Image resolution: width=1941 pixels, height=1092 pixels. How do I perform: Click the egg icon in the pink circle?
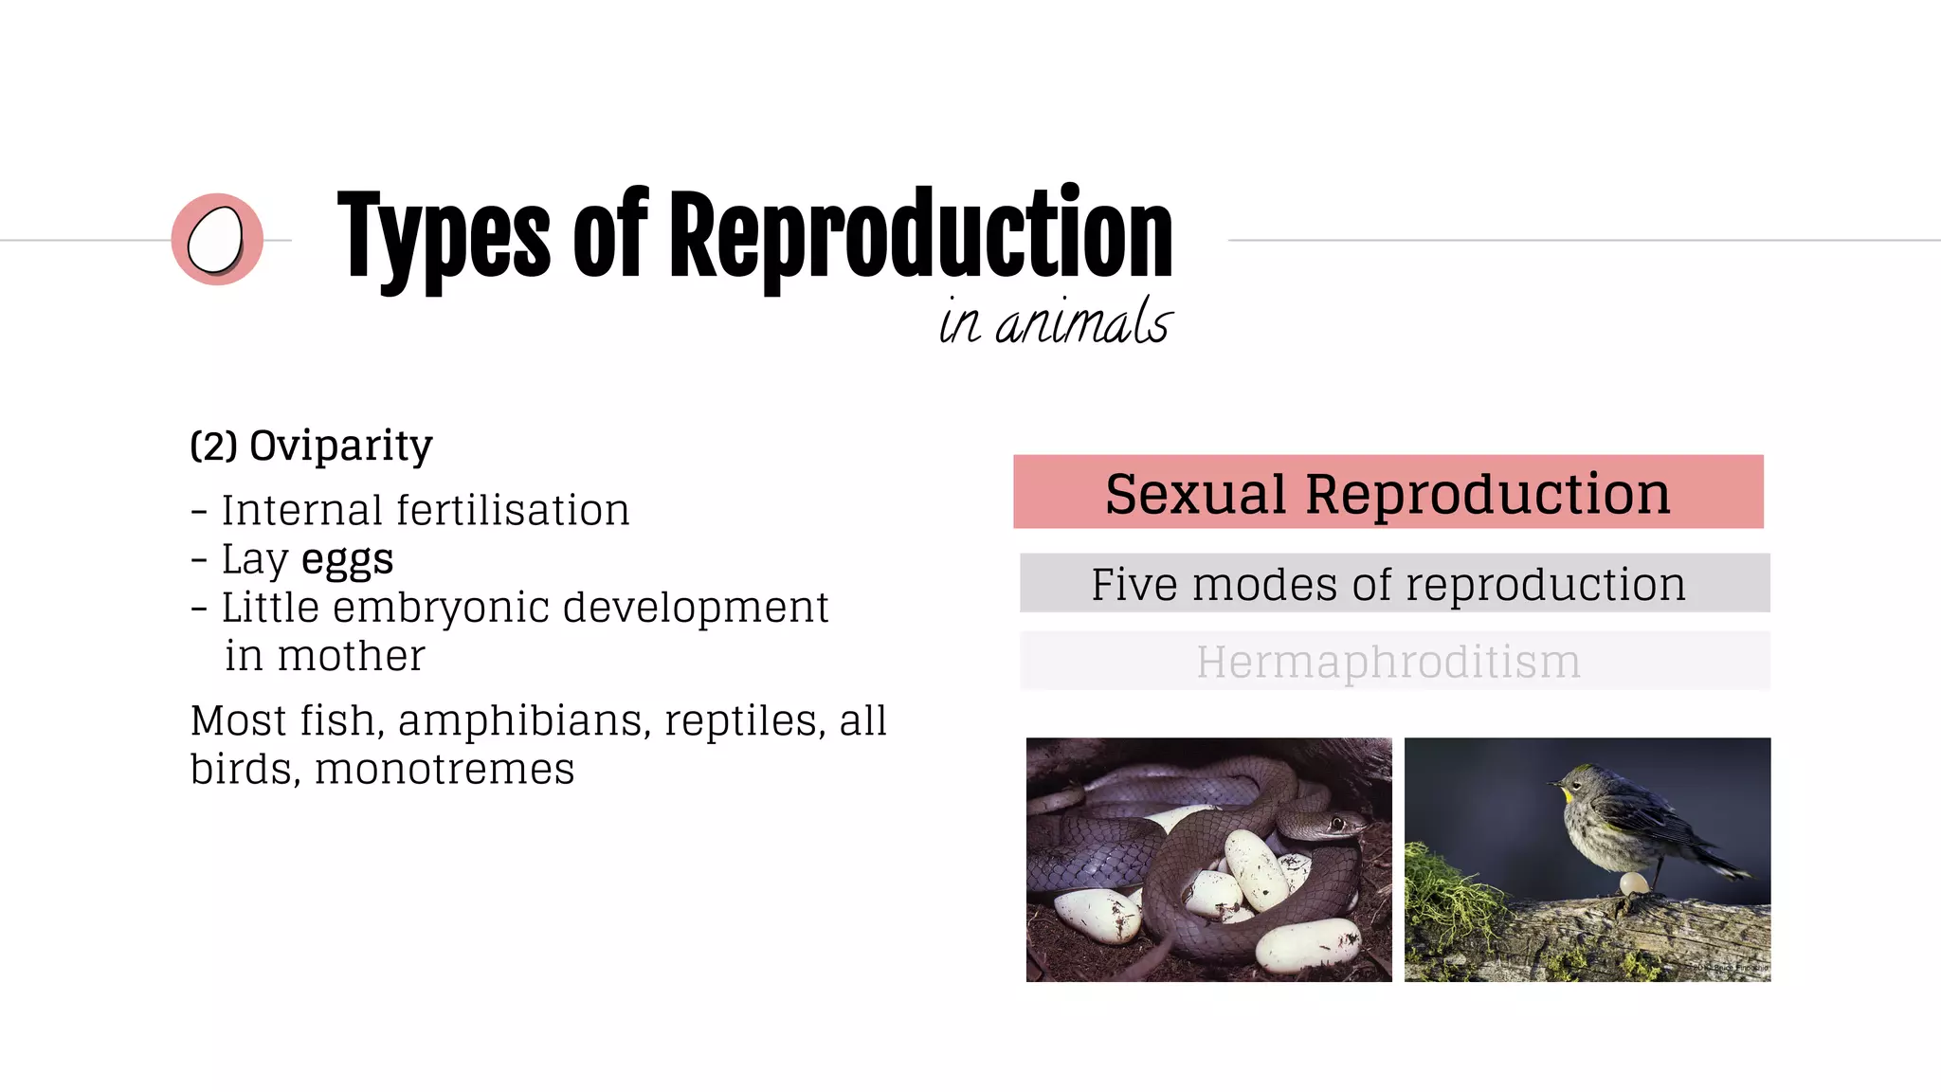215,240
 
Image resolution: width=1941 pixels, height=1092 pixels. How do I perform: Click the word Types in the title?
443,237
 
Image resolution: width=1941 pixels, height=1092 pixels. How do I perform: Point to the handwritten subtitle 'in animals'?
1055,321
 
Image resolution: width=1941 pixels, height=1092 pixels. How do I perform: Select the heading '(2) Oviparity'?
311,446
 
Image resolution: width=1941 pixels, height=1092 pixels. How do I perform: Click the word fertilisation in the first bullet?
512,510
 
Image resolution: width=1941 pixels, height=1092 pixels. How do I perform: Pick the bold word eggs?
347,559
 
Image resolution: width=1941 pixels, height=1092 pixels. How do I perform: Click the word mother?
352,656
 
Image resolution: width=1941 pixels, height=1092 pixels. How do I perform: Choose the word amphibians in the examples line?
524,720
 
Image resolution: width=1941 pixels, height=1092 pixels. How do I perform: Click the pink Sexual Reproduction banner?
1388,492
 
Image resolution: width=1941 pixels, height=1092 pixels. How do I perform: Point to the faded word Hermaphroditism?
1388,662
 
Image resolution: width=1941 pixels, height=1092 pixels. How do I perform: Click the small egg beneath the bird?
1633,884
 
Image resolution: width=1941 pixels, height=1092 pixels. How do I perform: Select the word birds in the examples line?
244,769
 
